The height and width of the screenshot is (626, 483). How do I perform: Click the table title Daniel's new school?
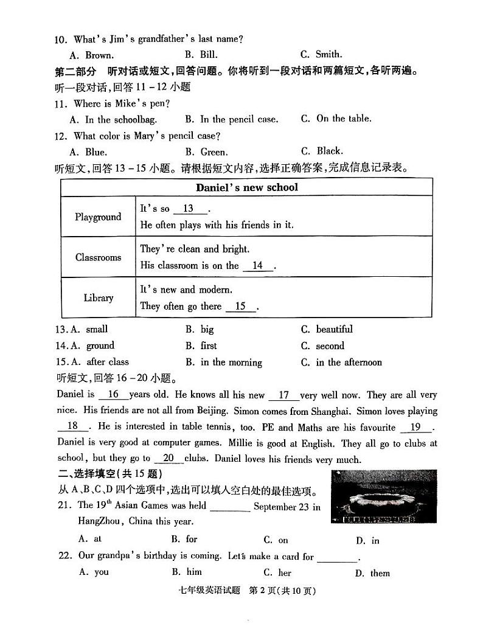pyautogui.click(x=247, y=187)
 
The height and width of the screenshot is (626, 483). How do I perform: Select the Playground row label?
pyautogui.click(x=98, y=217)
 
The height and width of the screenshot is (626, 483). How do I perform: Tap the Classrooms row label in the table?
pyautogui.click(x=98, y=257)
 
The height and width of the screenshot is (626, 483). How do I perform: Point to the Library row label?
pyautogui.click(x=98, y=297)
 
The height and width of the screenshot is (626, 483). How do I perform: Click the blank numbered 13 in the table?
pyautogui.click(x=189, y=209)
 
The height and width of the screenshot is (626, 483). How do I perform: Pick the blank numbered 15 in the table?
pyautogui.click(x=241, y=306)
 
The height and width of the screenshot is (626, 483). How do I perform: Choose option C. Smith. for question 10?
pyautogui.click(x=321, y=54)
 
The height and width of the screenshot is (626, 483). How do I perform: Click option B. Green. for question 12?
pyautogui.click(x=206, y=151)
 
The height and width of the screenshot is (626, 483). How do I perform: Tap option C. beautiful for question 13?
pyautogui.click(x=327, y=329)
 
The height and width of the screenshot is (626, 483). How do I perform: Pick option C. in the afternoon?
pyautogui.click(x=341, y=362)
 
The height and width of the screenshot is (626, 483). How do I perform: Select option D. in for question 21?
pyautogui.click(x=367, y=540)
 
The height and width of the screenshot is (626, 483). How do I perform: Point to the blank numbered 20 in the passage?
pyautogui.click(x=169, y=458)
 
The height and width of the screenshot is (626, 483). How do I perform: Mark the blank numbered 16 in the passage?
pyautogui.click(x=113, y=394)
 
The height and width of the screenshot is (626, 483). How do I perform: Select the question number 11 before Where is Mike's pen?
pyautogui.click(x=61, y=103)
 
